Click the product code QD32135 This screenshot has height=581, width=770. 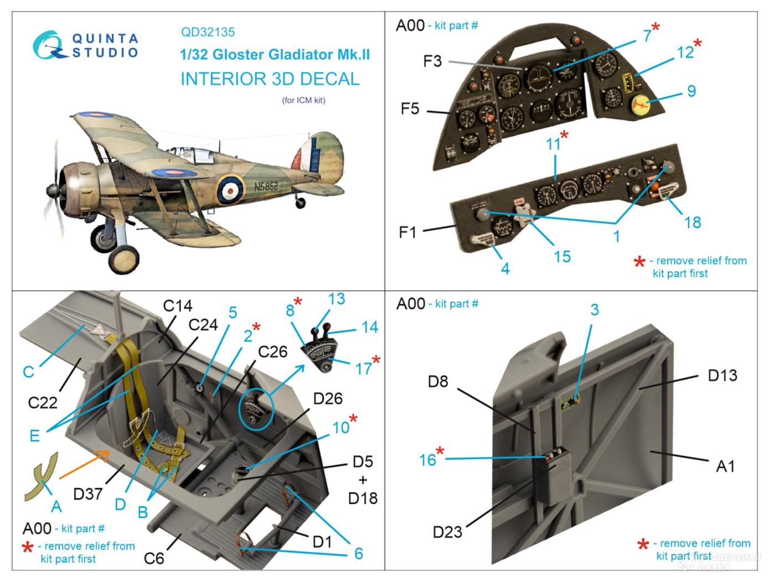(x=208, y=32)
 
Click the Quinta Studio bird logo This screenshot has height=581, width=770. (x=50, y=45)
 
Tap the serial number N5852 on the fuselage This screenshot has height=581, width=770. (x=266, y=186)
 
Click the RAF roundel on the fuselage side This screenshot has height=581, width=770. (x=229, y=189)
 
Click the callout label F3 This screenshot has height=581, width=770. (x=432, y=61)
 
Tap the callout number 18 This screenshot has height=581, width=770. (x=693, y=222)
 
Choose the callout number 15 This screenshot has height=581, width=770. (x=562, y=256)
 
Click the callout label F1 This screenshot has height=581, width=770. (x=407, y=231)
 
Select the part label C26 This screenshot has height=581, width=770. (x=273, y=351)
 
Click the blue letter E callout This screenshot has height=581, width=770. (x=34, y=435)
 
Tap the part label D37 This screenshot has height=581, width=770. (x=87, y=493)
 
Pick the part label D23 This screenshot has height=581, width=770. (x=447, y=532)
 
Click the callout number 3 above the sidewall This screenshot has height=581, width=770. (x=594, y=309)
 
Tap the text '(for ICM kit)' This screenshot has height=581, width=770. (x=303, y=100)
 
